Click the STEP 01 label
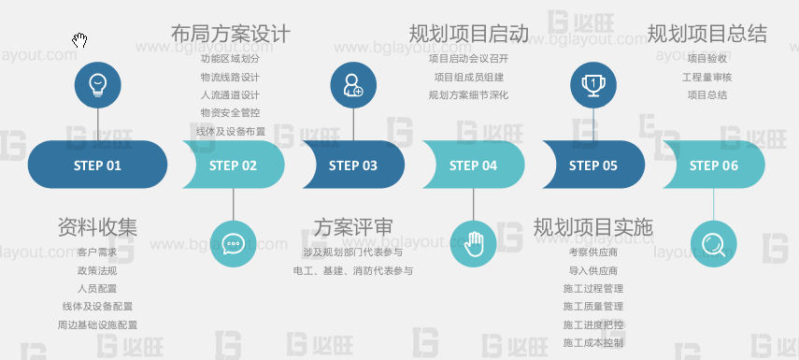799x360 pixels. click(97, 166)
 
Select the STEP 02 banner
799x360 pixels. click(233, 166)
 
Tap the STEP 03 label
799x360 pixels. click(352, 166)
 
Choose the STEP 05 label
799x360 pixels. click(592, 166)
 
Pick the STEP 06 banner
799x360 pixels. click(714, 166)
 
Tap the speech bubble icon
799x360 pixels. click(233, 243)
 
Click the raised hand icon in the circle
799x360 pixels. click(474, 243)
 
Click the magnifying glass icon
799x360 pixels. click(714, 244)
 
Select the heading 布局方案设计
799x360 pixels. click(231, 35)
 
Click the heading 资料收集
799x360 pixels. click(97, 226)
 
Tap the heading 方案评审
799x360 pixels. click(352, 226)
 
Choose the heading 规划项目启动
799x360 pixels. click(469, 35)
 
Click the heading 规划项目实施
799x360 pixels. click(592, 226)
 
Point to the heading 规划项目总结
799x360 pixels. click(707, 35)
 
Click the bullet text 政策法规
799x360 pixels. click(97, 270)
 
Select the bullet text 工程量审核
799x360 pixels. click(707, 77)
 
